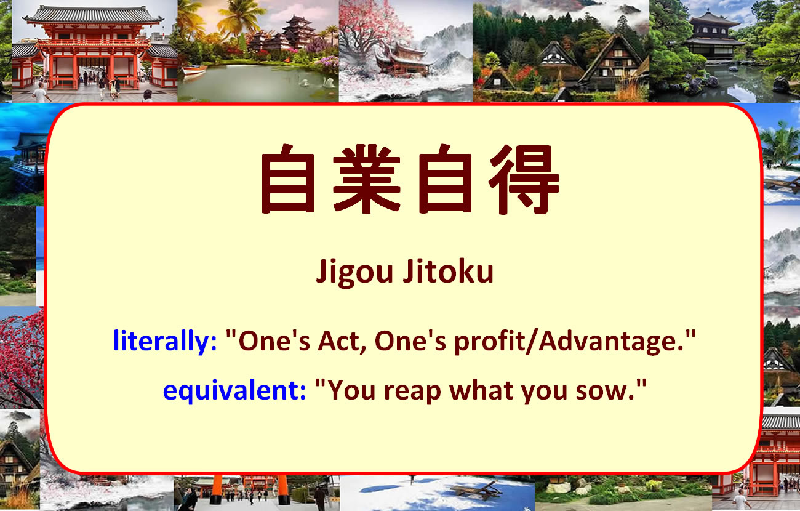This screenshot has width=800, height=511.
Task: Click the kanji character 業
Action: coord(367,179)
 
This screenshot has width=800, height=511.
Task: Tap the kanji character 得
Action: coord(524,179)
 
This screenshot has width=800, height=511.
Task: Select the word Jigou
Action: coord(354,273)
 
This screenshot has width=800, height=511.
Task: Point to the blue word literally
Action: coord(165,341)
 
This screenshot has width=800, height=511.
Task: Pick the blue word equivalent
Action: coord(234,390)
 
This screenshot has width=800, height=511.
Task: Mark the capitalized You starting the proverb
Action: coord(351,390)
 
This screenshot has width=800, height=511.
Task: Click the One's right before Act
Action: coord(274,340)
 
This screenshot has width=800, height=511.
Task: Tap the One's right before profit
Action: coord(410,340)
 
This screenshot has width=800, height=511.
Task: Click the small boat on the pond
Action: coord(194,70)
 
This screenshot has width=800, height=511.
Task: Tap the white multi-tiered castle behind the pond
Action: coord(299,31)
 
